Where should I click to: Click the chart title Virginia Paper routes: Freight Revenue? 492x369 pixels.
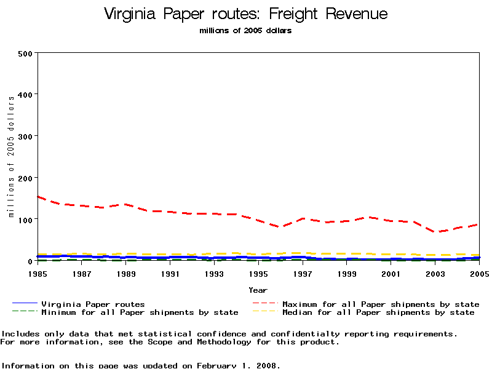(246, 14)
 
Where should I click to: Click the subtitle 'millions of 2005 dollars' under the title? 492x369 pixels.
(246, 30)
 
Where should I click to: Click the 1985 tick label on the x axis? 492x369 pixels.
(38, 273)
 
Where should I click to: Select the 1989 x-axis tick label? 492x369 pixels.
(126, 273)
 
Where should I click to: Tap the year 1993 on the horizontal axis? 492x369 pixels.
(215, 273)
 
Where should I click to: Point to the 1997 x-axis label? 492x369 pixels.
(303, 273)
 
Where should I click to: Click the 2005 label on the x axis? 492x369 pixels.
(479, 273)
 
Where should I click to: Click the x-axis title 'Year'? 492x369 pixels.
(258, 290)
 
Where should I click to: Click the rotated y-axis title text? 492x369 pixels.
(11, 157)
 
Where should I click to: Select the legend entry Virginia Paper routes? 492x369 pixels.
(93, 304)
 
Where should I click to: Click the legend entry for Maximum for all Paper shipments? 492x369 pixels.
(381, 304)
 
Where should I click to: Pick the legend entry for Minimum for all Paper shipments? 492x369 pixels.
(140, 312)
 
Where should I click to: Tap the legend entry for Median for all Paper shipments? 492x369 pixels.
(378, 312)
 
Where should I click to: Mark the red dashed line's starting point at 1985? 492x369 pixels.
(38, 197)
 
